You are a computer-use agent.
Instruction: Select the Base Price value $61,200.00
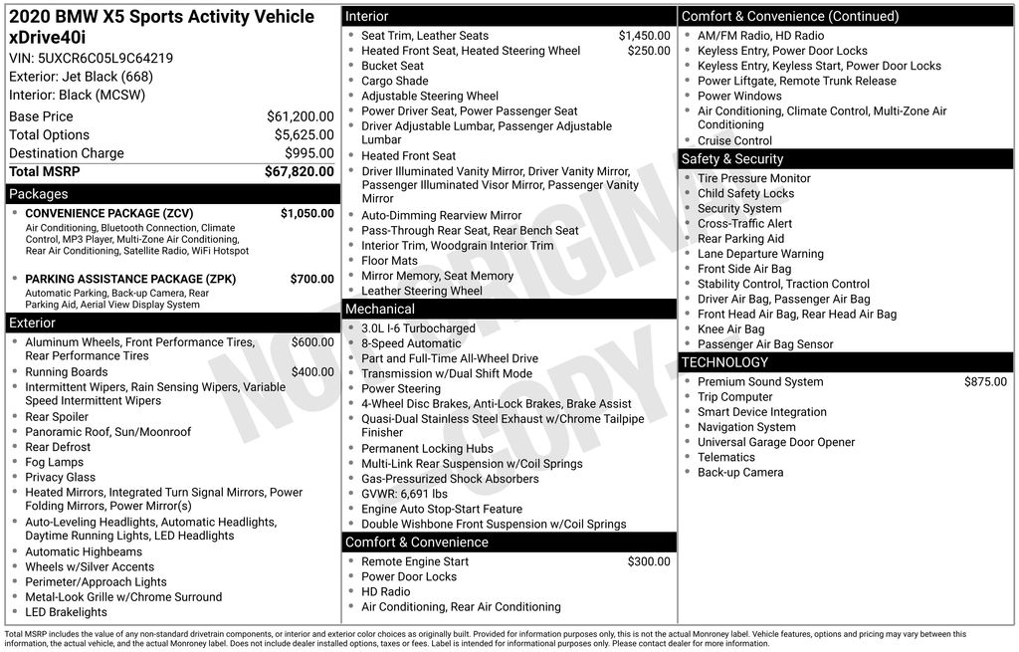[300, 116]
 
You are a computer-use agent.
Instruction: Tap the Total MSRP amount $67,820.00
[299, 172]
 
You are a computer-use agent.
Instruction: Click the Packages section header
[39, 194]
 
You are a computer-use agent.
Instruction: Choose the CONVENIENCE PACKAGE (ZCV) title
[108, 213]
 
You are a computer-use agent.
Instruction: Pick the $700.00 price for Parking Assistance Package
[311, 279]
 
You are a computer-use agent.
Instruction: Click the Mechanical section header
[380, 310]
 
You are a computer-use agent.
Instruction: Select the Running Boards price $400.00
[312, 372]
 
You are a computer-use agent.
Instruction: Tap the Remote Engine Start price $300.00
[649, 561]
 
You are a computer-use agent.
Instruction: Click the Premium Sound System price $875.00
[985, 381]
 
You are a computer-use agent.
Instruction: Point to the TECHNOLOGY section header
[724, 362]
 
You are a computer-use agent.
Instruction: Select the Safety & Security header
[732, 159]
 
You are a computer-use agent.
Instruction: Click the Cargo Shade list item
[394, 81]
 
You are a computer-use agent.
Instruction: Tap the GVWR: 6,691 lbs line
[404, 494]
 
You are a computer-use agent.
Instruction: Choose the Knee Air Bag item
[730, 329]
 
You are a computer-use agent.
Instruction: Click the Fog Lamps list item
[54, 462]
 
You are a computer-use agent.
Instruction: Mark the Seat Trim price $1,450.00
[644, 36]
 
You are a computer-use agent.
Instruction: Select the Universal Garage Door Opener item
[775, 442]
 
